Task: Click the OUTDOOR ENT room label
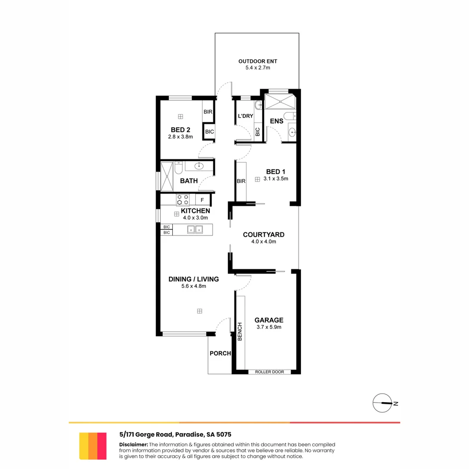[258, 61]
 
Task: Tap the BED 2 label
[180, 129]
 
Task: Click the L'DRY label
[245, 116]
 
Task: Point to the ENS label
[277, 121]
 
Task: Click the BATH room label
[189, 181]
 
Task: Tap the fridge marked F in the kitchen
[202, 200]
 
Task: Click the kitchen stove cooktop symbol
[183, 200]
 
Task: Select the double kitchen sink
[195, 229]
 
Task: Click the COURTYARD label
[264, 234]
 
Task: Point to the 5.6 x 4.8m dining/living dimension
[193, 286]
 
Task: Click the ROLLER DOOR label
[269, 372]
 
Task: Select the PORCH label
[220, 353]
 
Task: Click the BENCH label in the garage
[239, 331]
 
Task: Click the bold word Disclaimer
[133, 444]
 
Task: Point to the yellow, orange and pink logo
[93, 446]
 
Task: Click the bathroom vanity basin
[200, 165]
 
